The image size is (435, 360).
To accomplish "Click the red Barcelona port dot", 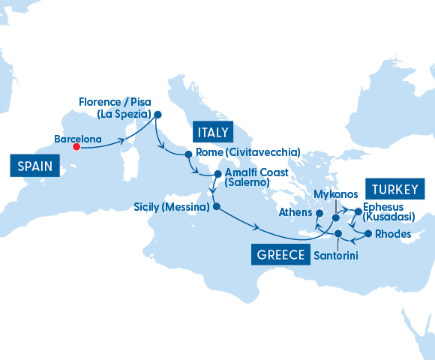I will [76, 147].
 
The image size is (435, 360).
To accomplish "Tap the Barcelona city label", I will [79, 138].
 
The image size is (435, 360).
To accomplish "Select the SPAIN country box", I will [35, 166].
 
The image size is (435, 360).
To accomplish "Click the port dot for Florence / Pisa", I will [157, 115].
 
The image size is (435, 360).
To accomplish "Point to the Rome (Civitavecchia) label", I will [247, 152].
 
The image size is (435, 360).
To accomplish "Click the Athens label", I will [294, 212].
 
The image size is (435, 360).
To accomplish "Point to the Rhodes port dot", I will [367, 235].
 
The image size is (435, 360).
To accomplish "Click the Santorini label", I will [335, 256].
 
